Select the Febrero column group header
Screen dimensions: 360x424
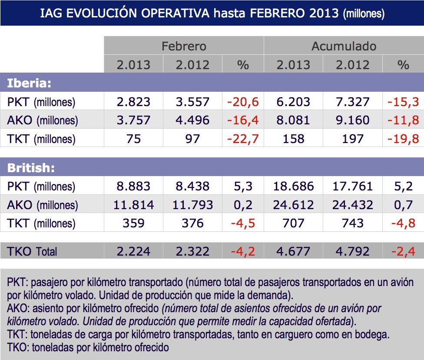click(x=184, y=46)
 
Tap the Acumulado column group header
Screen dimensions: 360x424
click(x=344, y=46)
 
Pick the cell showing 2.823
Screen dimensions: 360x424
click(x=133, y=102)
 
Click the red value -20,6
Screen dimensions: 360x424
click(x=243, y=102)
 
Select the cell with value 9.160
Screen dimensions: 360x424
click(x=352, y=120)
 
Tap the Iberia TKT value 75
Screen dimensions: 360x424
click(x=133, y=139)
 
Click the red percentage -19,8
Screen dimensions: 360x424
click(x=403, y=139)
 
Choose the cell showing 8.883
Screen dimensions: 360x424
click(x=133, y=187)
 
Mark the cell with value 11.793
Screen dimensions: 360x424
click(x=192, y=205)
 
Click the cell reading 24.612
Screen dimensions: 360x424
click(x=293, y=205)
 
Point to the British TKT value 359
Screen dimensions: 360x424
click(x=133, y=223)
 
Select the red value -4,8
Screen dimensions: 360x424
click(x=403, y=223)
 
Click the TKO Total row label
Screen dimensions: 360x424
click(x=32, y=251)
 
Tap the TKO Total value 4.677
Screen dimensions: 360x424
click(x=293, y=251)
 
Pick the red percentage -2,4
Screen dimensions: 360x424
click(x=403, y=251)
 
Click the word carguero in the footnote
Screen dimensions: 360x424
click(x=306, y=335)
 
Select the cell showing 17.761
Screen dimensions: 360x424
click(x=352, y=187)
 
